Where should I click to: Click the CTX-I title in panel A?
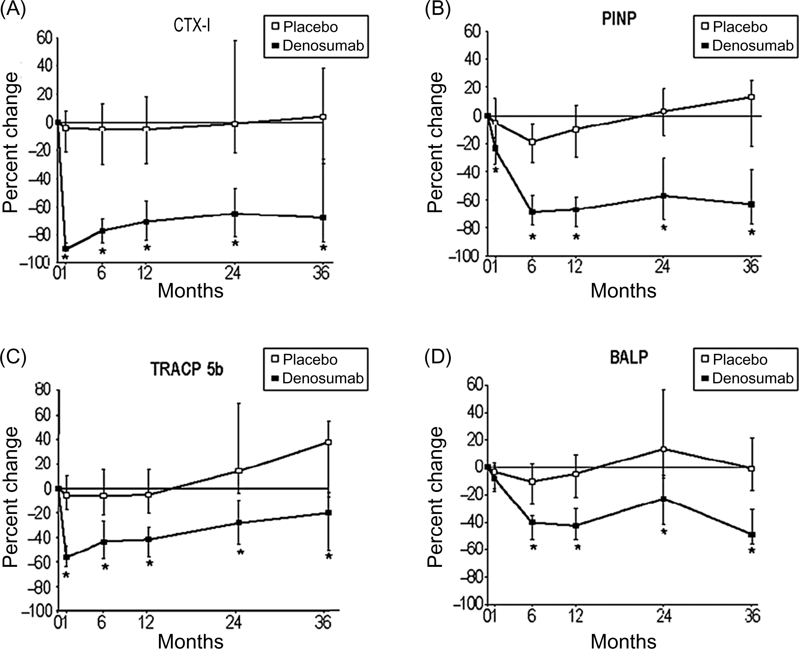click(x=192, y=26)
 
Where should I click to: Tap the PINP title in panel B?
click(x=619, y=18)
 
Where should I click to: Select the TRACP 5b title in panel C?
click(x=187, y=369)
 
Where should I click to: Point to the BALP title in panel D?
click(x=629, y=358)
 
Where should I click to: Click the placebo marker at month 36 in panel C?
click(x=328, y=442)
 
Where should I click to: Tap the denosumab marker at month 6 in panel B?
click(x=532, y=211)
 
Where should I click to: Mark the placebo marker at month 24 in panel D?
click(x=664, y=449)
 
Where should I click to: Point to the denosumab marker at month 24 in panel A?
click(x=235, y=214)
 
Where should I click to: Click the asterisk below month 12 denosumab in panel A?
click(x=147, y=248)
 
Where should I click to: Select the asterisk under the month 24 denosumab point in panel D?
click(x=664, y=532)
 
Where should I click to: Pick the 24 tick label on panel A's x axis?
click(x=233, y=274)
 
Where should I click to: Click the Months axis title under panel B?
click(x=623, y=291)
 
